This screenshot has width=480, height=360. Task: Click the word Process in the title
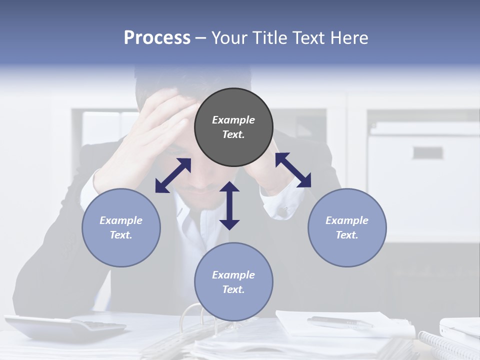point(157,38)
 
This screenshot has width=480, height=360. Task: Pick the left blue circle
point(121,227)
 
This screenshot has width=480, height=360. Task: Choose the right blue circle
point(347,227)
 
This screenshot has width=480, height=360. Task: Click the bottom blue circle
point(233,282)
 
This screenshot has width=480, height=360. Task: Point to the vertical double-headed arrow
point(229,205)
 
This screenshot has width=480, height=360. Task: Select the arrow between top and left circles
point(173,175)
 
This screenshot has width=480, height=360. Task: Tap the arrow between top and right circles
point(293,170)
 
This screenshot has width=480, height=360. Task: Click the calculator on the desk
point(65,327)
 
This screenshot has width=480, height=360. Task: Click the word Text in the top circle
point(233,135)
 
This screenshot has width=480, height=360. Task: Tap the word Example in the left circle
point(121,220)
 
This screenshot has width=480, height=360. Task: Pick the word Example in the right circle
point(347,220)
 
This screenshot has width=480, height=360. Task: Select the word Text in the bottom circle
point(233,289)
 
